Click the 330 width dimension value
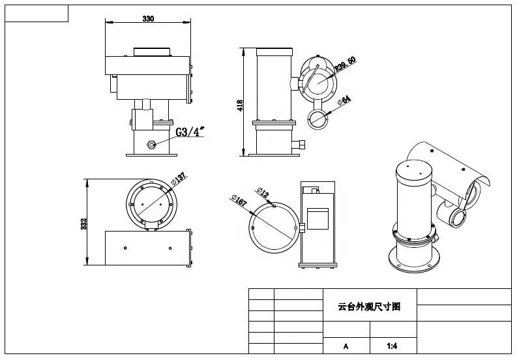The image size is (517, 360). [148, 19]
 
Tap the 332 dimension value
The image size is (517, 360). [83, 223]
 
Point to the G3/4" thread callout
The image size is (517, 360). [190, 132]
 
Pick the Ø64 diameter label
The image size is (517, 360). [344, 100]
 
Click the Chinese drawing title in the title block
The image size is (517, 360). [368, 305]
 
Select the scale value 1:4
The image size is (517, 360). [392, 346]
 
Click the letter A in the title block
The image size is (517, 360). [346, 346]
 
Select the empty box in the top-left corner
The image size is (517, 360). [37, 13]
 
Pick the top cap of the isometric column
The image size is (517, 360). [412, 166]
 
